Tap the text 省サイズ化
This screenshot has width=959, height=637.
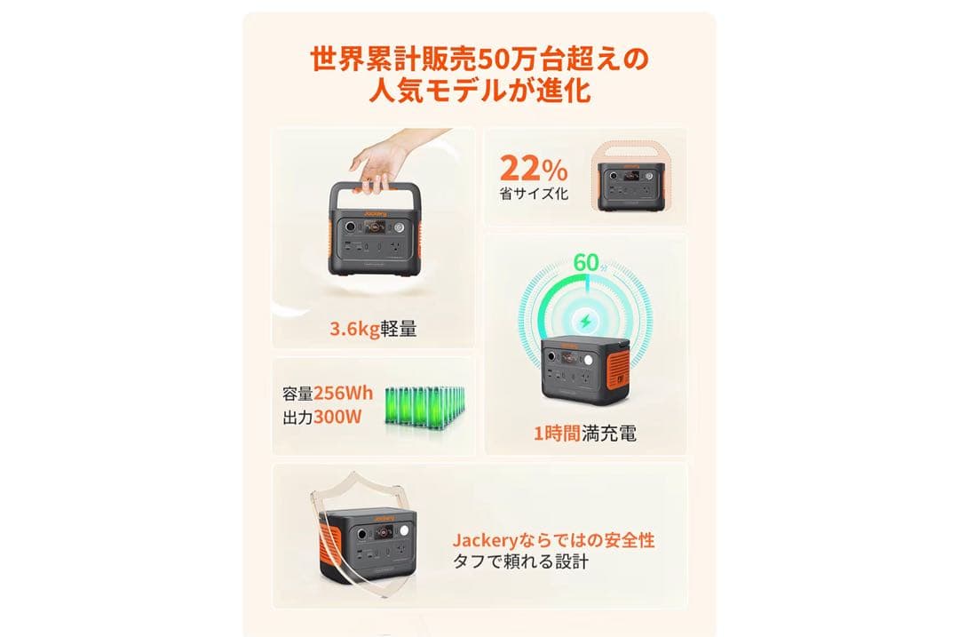[534, 194]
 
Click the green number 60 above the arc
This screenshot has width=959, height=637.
[587, 263]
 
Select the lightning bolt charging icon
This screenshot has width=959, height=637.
[586, 320]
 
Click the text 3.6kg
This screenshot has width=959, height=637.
[354, 329]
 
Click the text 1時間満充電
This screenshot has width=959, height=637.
[584, 434]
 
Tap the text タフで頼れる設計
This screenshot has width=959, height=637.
[520, 562]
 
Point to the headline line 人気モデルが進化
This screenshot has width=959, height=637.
[479, 92]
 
